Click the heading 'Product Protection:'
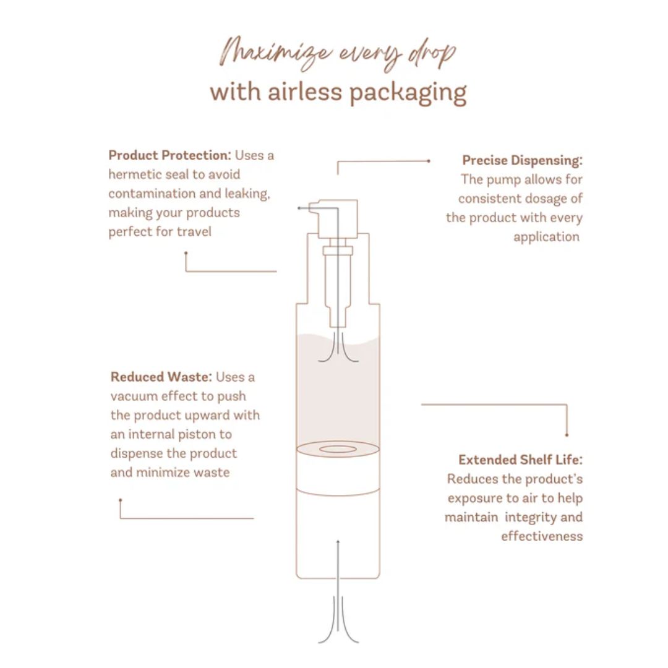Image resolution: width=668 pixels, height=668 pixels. tap(169, 155)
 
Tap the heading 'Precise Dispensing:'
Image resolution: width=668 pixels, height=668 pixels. tap(522, 161)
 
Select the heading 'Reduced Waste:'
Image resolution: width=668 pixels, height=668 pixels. tap(161, 377)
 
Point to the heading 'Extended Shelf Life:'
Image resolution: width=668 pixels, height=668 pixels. tap(521, 460)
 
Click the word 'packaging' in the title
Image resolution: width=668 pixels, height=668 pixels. tap(408, 93)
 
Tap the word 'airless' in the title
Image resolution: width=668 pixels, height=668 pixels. tap(304, 91)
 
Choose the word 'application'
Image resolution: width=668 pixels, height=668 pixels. tap(547, 238)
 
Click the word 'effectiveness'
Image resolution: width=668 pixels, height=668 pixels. tap(542, 536)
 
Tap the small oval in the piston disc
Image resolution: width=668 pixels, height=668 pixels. tap(338, 449)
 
